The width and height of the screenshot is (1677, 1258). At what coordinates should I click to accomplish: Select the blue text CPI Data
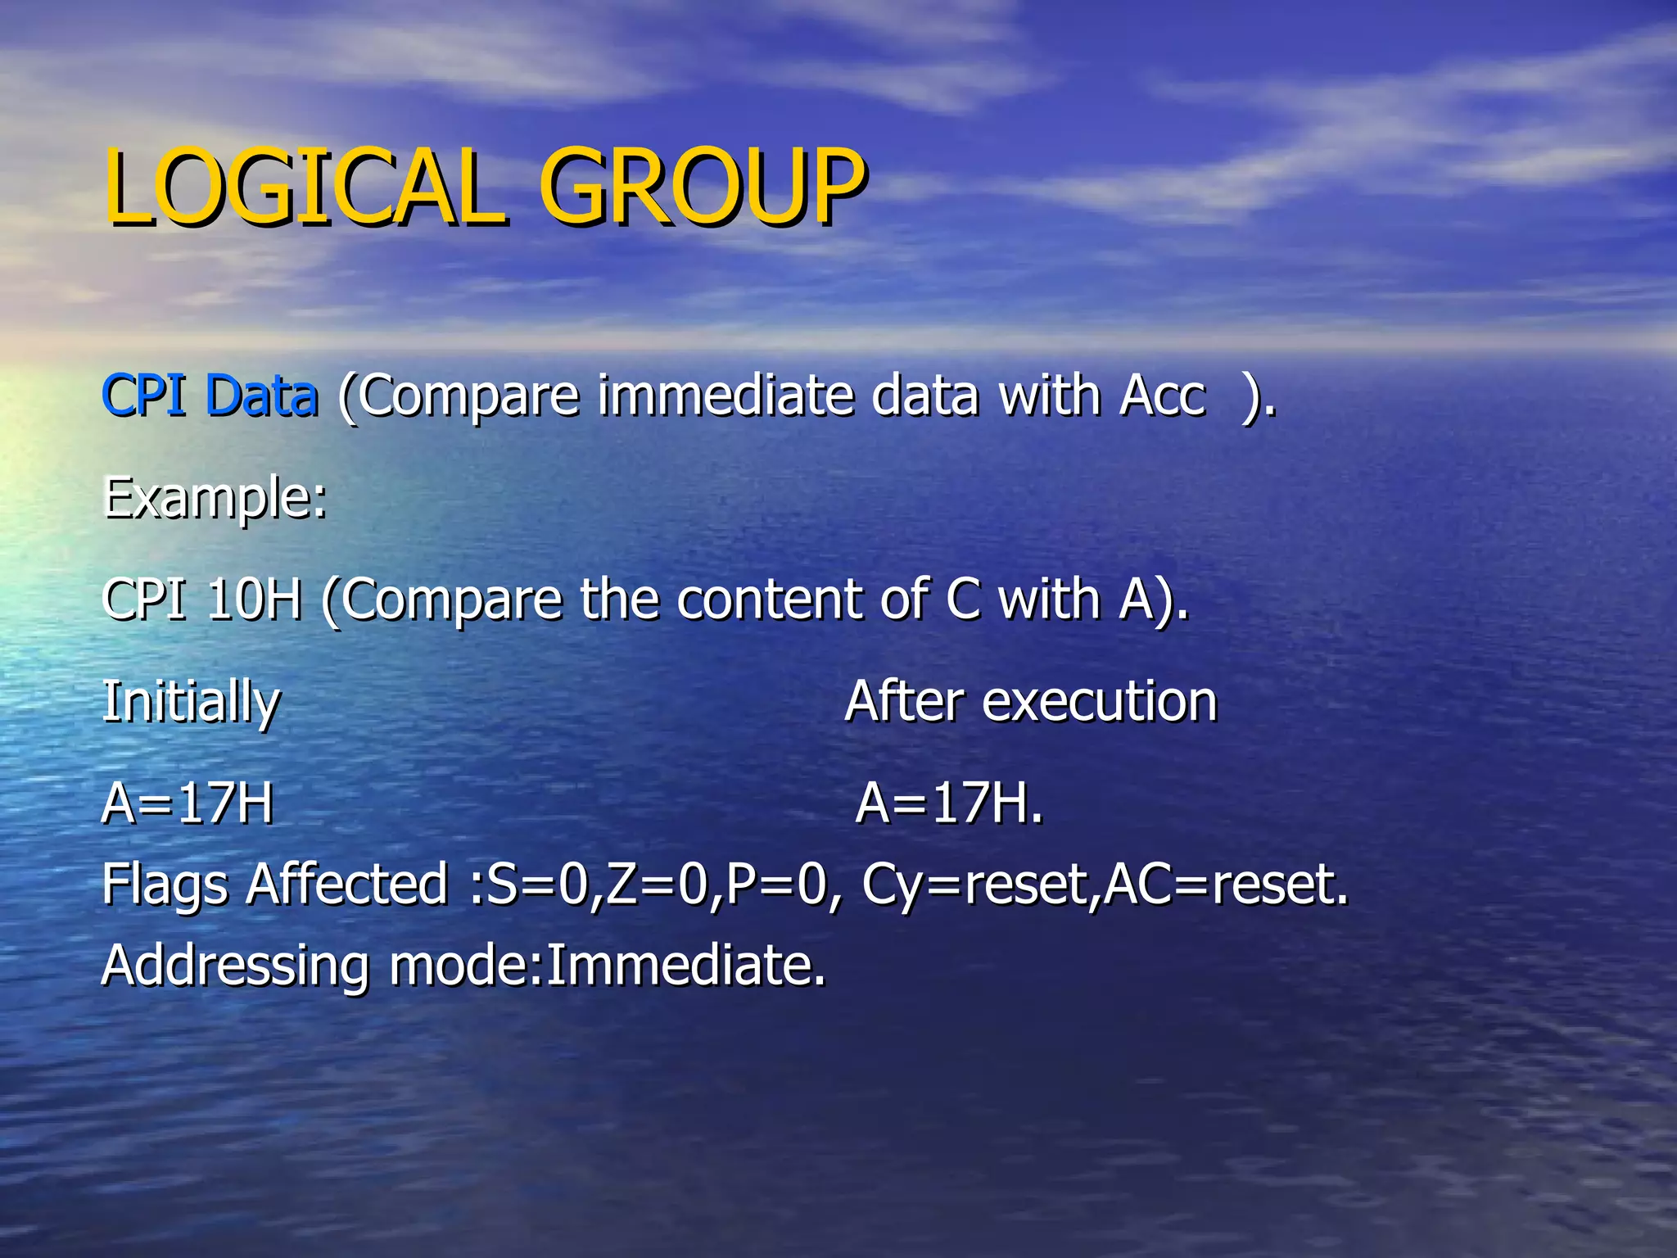tap(210, 396)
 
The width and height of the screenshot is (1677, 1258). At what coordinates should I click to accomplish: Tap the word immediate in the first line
tap(724, 396)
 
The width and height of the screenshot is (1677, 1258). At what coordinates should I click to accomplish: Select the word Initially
tap(191, 703)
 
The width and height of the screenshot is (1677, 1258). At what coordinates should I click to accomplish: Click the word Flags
tap(165, 885)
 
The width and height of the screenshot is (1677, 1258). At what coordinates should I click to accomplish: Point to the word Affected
tap(347, 885)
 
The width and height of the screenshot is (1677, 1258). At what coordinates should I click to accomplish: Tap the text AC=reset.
tap(1225, 885)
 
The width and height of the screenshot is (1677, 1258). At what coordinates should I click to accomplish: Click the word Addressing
tap(236, 966)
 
